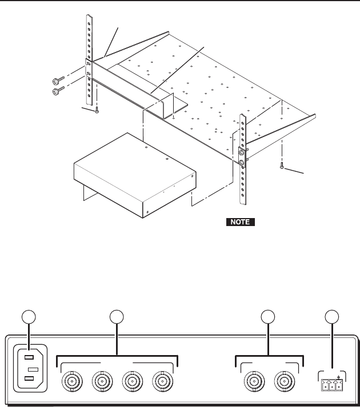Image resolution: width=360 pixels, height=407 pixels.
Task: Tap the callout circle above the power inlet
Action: pyautogui.click(x=27, y=317)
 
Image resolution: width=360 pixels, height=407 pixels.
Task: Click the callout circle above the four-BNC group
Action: pyautogui.click(x=117, y=317)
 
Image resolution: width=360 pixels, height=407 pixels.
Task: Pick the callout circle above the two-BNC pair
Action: pyautogui.click(x=267, y=317)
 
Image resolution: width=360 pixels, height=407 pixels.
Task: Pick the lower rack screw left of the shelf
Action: pyautogui.click(x=57, y=90)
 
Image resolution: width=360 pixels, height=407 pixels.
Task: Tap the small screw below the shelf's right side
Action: pyautogui.click(x=282, y=167)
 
